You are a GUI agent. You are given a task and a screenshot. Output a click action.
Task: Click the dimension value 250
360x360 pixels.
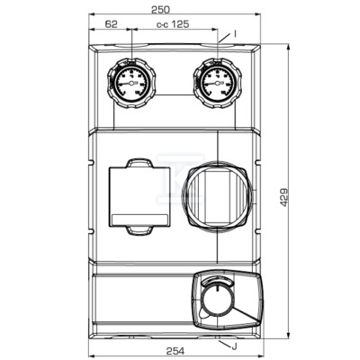pyautogui.click(x=160, y=10)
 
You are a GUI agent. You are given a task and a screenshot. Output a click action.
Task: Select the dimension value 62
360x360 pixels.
pyautogui.click(x=111, y=24)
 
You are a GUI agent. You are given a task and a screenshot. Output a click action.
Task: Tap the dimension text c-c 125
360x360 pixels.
pyautogui.click(x=173, y=24)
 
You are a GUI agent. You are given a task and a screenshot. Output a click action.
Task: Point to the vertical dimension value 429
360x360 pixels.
pyautogui.click(x=283, y=197)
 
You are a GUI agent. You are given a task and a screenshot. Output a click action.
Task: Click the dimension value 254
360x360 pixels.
pyautogui.click(x=175, y=351)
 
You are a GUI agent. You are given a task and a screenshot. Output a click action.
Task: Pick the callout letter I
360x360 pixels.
pyautogui.click(x=235, y=34)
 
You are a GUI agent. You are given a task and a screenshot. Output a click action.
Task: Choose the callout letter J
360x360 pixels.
pyautogui.click(x=234, y=347)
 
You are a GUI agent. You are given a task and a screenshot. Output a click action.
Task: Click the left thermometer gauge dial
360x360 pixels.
pyautogui.click(x=131, y=83)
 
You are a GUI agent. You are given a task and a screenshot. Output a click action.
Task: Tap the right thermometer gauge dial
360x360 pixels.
pyautogui.click(x=218, y=83)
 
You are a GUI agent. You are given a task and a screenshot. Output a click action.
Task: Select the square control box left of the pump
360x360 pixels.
pyautogui.click(x=139, y=196)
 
